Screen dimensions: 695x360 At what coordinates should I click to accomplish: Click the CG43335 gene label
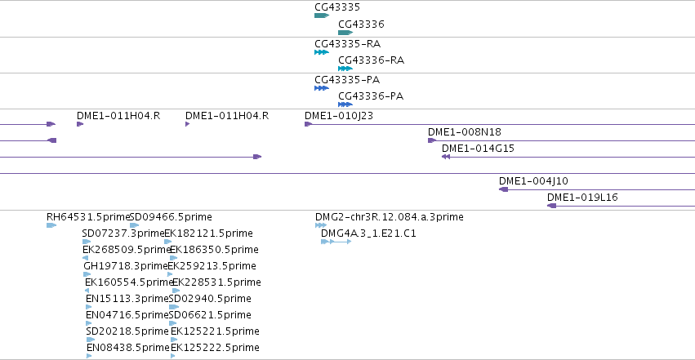click(337, 7)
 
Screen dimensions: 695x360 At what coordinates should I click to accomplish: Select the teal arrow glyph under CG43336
click(345, 33)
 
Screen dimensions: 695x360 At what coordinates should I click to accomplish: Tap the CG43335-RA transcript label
click(348, 44)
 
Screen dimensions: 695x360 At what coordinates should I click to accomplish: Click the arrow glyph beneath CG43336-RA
click(345, 69)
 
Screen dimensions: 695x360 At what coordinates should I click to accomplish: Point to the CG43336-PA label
click(371, 96)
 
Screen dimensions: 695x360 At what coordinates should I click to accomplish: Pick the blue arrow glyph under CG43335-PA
click(321, 88)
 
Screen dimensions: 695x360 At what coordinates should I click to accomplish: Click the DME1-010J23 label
click(339, 116)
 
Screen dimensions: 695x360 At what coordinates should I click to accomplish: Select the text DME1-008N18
click(465, 132)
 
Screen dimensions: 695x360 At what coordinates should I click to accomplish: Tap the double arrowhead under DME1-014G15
click(446, 157)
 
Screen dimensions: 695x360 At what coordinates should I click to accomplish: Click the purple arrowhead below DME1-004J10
click(504, 189)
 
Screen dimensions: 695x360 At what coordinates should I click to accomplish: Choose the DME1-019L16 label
click(582, 198)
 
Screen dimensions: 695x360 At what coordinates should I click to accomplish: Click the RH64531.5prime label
click(87, 217)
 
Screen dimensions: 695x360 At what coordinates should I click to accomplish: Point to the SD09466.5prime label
click(171, 217)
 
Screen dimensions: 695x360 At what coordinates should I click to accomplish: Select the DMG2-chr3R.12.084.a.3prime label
click(390, 217)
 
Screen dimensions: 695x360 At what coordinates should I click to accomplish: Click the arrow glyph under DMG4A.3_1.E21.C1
click(336, 242)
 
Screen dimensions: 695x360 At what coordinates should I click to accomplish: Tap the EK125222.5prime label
click(215, 348)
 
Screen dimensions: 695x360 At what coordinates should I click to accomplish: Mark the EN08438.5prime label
click(128, 348)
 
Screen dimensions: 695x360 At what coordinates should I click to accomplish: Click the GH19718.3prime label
click(126, 266)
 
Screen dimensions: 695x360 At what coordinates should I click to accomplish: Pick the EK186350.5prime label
click(214, 250)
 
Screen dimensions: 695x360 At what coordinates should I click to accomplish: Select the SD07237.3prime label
click(123, 233)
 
